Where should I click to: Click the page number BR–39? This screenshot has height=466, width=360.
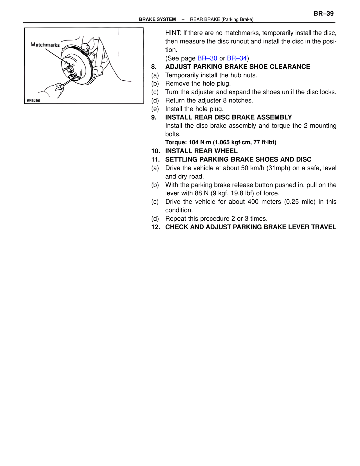click(323, 14)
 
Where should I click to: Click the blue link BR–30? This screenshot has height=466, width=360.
click(207, 58)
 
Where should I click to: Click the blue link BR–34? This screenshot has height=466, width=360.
click(237, 58)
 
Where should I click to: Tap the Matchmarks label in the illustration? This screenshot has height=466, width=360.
click(45, 45)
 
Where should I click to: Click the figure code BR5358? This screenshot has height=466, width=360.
click(33, 100)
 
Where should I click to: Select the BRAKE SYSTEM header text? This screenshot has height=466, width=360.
click(157, 19)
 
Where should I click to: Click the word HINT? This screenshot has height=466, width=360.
click(173, 33)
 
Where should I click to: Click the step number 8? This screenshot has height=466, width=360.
click(154, 67)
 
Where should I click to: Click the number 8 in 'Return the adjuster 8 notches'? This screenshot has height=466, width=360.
click(225, 100)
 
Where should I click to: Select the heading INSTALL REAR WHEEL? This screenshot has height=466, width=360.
click(201, 151)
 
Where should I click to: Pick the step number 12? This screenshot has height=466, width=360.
click(155, 227)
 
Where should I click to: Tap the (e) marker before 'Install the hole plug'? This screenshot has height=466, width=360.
click(155, 109)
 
